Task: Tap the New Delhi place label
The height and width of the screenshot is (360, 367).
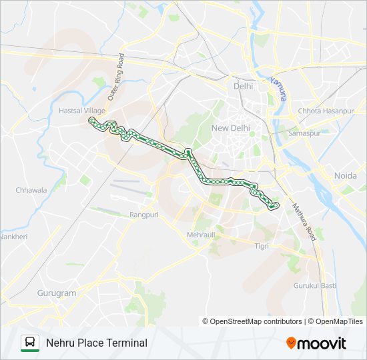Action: pos(230,128)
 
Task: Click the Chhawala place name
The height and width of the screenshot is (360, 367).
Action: pos(31,190)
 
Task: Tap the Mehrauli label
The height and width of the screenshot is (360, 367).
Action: pos(202,235)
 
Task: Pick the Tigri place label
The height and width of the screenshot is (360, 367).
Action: pos(261,246)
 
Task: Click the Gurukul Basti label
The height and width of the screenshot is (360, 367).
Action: pos(315,286)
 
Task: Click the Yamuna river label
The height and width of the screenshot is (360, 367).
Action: pos(278,88)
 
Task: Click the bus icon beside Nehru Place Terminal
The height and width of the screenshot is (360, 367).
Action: pos(29,343)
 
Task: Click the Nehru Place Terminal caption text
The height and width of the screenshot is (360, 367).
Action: pos(97,343)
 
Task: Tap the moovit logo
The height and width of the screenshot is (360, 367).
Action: pos(316,343)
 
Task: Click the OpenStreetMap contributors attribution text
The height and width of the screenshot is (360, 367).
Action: pos(256,321)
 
